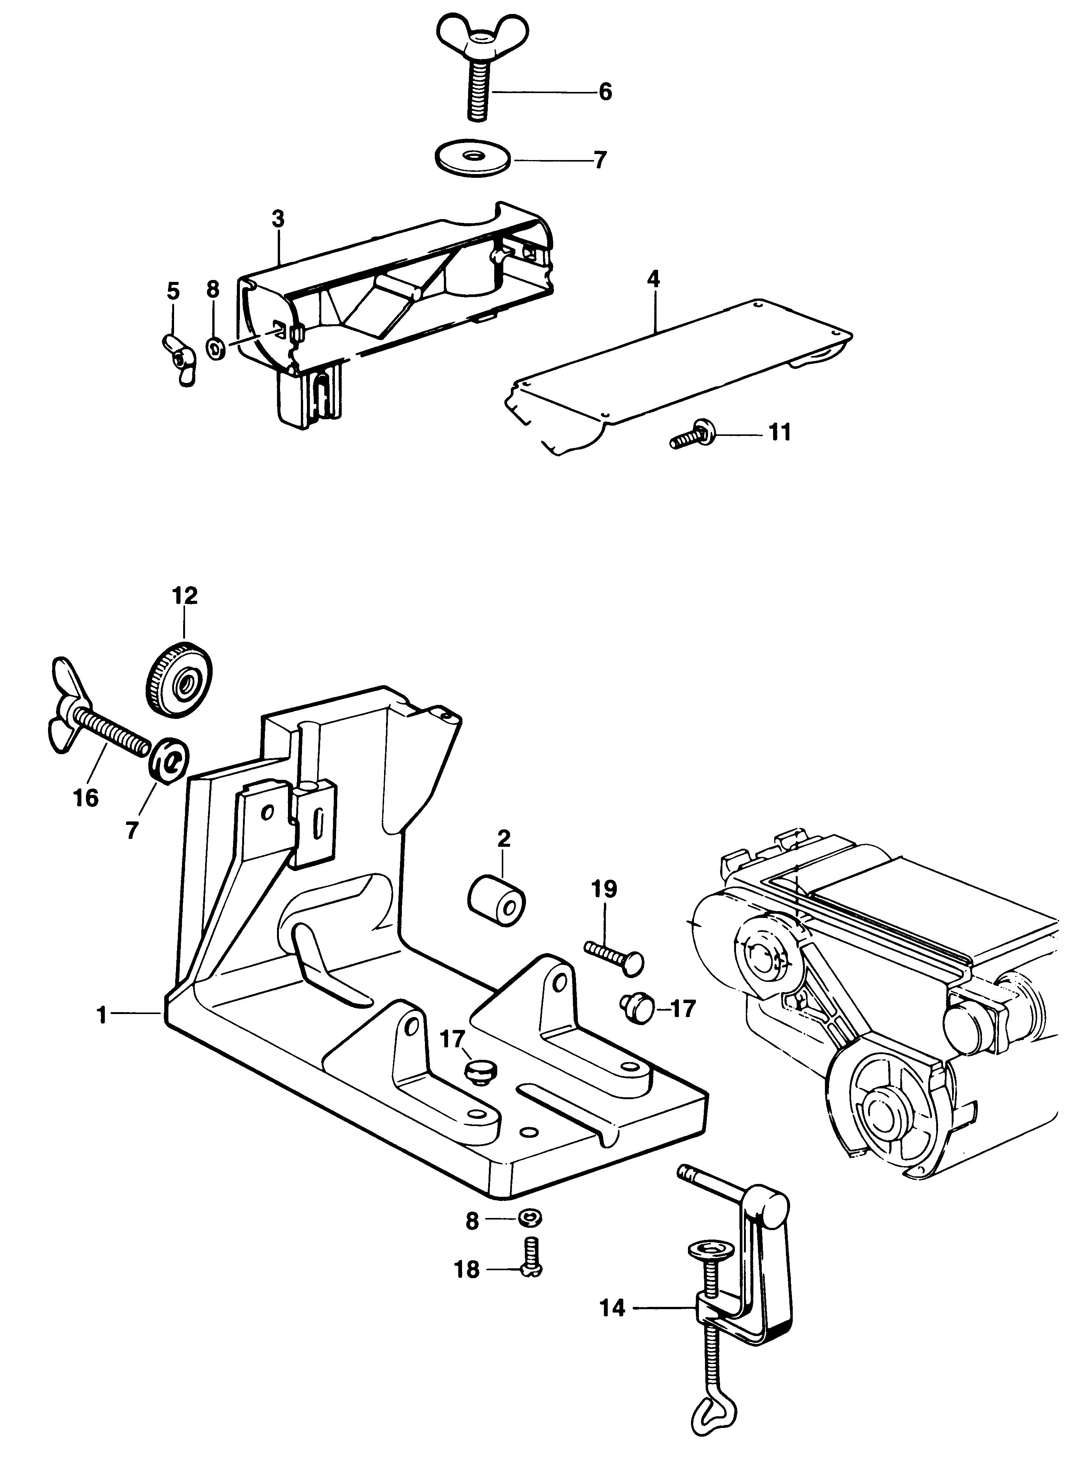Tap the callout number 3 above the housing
[x=279, y=219]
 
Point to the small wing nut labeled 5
[x=177, y=359]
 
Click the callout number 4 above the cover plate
[x=653, y=280]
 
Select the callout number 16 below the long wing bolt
[x=86, y=798]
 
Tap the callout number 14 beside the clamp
[x=612, y=1310]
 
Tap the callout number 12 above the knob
[x=185, y=596]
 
